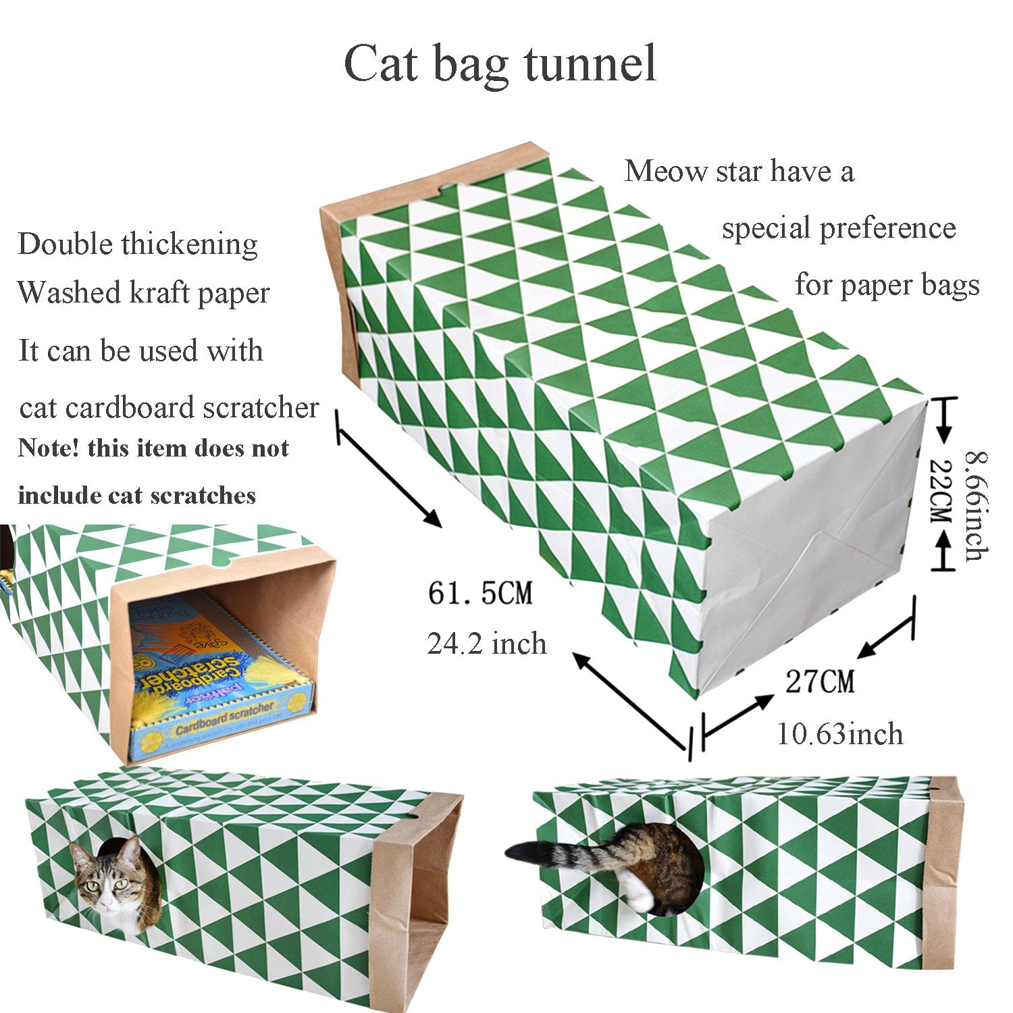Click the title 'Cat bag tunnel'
tap(500, 65)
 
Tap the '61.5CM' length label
tap(480, 594)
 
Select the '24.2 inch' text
tap(486, 644)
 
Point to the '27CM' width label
tap(820, 681)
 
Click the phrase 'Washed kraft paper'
tap(143, 293)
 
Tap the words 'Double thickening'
tap(138, 244)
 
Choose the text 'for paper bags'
tap(887, 284)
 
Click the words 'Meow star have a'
tap(739, 171)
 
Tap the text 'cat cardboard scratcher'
tap(169, 408)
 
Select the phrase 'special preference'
tap(839, 228)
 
